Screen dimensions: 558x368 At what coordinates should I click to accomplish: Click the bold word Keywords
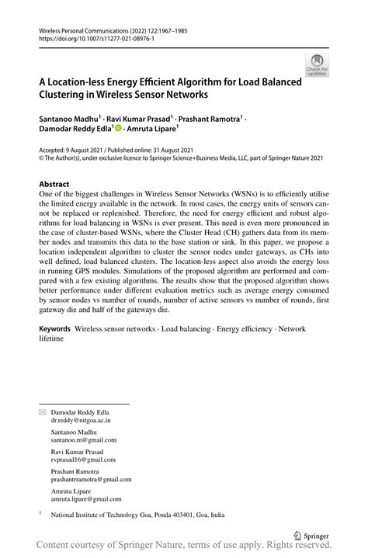click(x=55, y=329)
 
